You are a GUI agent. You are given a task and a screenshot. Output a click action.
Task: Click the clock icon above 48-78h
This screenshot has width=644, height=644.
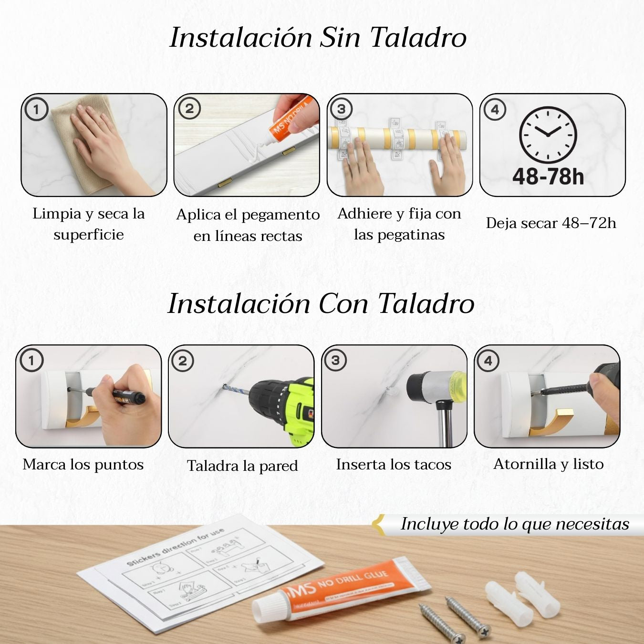pyautogui.click(x=548, y=135)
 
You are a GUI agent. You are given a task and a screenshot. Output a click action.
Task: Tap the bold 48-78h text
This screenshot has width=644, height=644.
pyautogui.click(x=548, y=177)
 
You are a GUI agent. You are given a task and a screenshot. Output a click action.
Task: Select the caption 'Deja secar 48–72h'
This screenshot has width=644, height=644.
pyautogui.click(x=551, y=223)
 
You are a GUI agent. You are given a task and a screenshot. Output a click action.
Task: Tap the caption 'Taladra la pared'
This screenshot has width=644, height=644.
pyautogui.click(x=242, y=466)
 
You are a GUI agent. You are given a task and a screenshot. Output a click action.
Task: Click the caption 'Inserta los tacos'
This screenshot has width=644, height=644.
pyautogui.click(x=394, y=464)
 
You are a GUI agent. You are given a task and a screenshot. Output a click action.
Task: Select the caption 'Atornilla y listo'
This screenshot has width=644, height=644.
pyautogui.click(x=549, y=464)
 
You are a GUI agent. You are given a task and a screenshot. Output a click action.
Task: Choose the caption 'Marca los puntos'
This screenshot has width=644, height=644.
pyautogui.click(x=83, y=464)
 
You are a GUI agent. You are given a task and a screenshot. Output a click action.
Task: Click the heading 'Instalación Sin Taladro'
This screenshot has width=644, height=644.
pyautogui.click(x=318, y=37)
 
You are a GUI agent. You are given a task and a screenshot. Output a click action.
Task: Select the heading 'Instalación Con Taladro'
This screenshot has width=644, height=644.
pyautogui.click(x=321, y=303)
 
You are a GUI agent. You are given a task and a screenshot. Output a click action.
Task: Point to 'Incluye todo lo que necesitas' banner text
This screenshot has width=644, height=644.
pyautogui.click(x=515, y=524)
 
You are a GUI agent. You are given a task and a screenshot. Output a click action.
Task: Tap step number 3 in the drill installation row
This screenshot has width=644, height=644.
pyautogui.click(x=335, y=360)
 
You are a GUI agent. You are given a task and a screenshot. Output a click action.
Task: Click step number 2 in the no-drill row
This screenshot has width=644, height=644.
pyautogui.click(x=189, y=109)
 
